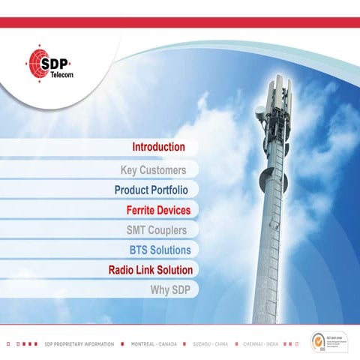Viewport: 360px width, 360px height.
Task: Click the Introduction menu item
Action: pos(158,147)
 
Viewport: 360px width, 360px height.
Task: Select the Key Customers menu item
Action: pos(153,170)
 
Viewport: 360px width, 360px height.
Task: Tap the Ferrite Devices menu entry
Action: pos(158,211)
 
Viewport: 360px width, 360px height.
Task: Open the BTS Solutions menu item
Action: pos(160,250)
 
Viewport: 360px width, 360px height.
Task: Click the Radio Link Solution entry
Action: pos(151,270)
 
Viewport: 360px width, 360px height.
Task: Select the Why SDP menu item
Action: pos(170,289)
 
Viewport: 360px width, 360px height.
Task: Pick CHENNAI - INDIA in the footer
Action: pos(260,344)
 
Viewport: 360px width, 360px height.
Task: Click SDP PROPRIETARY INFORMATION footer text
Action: pos(79,344)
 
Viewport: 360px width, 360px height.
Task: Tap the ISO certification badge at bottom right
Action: pos(325,341)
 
